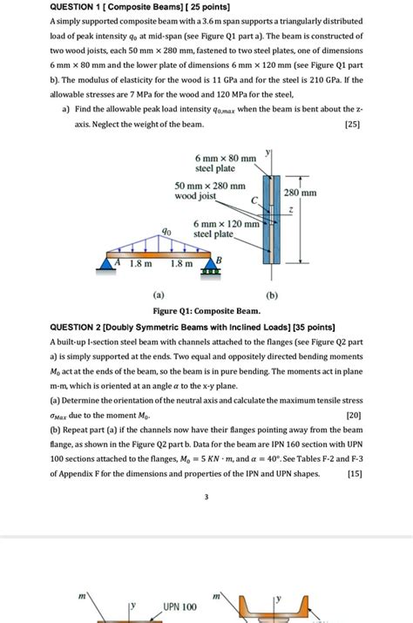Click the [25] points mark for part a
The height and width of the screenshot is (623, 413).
354,125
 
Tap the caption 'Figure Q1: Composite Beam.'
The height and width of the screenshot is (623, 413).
206,310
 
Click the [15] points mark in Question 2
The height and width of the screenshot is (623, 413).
354,474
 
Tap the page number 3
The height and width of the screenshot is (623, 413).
206,498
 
